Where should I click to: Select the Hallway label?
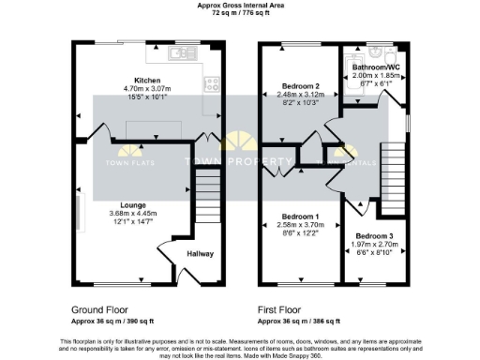click(x=201, y=253)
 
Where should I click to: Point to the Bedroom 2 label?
click(x=302, y=85)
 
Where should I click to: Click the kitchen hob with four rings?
click(x=210, y=82)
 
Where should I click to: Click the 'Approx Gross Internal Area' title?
click(x=240, y=6)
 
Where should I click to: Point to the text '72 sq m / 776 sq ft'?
click(x=240, y=15)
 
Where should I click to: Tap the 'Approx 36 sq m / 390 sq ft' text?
click(x=112, y=320)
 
